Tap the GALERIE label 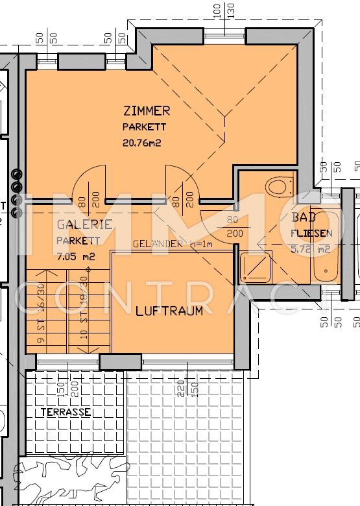click(x=84, y=224)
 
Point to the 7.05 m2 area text click(x=75, y=256)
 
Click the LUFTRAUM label click(x=169, y=311)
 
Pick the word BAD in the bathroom click(x=304, y=217)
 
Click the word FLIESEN click(x=312, y=233)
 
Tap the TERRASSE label click(x=66, y=412)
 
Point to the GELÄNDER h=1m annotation click(x=173, y=245)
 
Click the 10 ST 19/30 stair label click(x=83, y=306)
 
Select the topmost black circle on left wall click(x=17, y=175)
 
